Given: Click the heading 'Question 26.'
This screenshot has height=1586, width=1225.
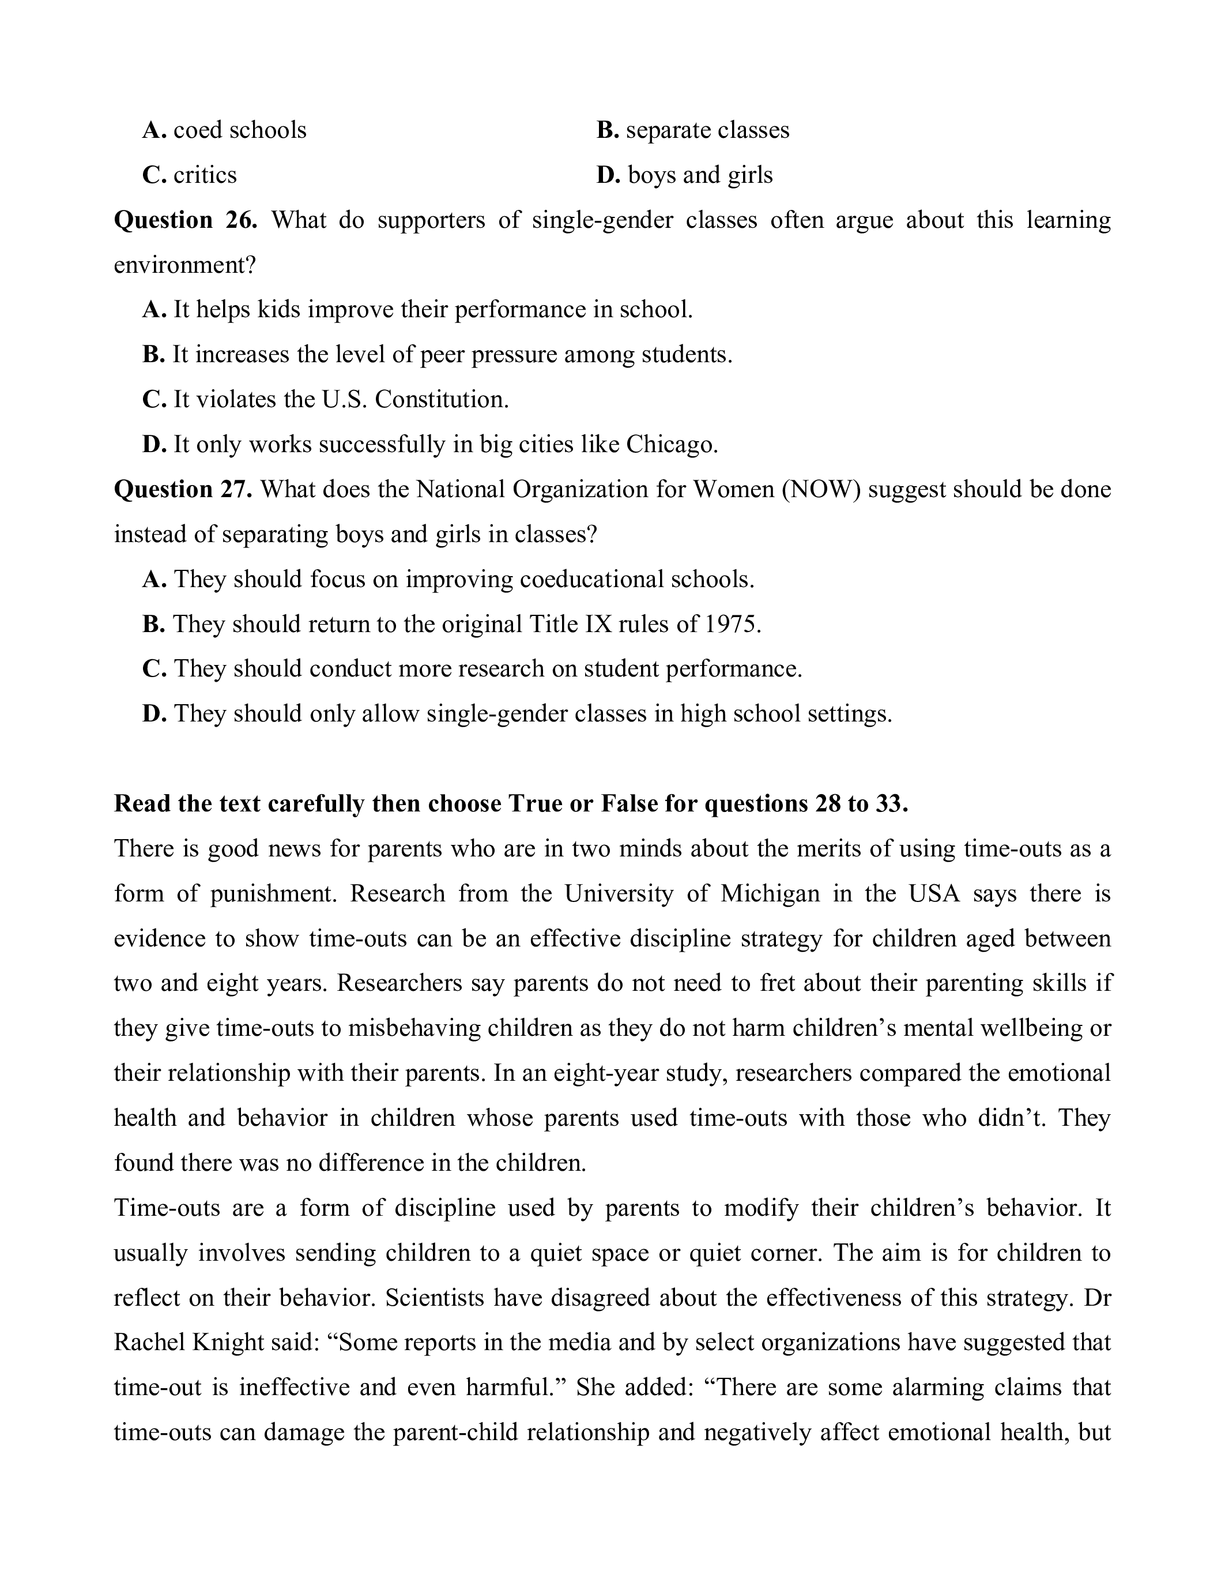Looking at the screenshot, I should [x=186, y=220].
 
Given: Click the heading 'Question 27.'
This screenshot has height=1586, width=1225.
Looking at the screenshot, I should [x=183, y=490].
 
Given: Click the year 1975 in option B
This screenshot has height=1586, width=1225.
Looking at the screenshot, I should [x=732, y=624].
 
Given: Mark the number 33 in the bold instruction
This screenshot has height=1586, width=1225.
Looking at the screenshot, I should [x=889, y=804].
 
